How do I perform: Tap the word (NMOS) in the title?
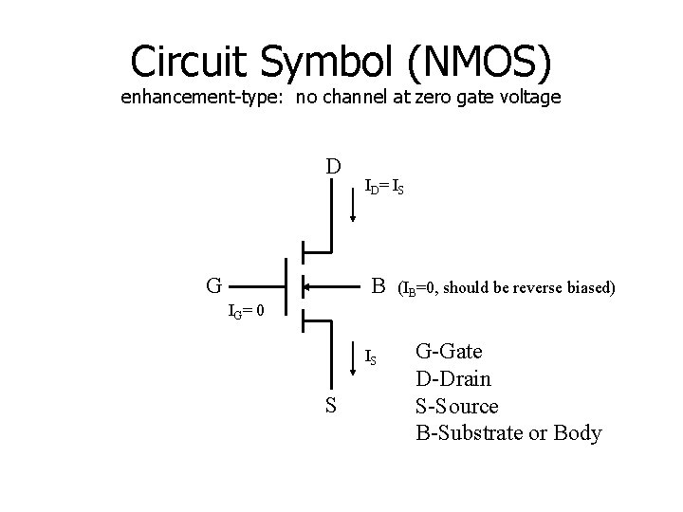tap(481, 61)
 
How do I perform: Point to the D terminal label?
tap(333, 167)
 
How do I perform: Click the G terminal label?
tap(215, 284)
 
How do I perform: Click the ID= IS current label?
tap(385, 188)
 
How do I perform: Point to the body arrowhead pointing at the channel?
tap(306, 283)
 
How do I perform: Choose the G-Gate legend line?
tap(449, 352)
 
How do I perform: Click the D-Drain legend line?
tap(453, 379)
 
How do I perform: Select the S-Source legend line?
tap(456, 406)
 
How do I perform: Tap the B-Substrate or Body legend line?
tap(508, 433)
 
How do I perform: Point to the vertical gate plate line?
tap(286, 283)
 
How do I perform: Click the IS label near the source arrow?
tap(372, 357)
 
